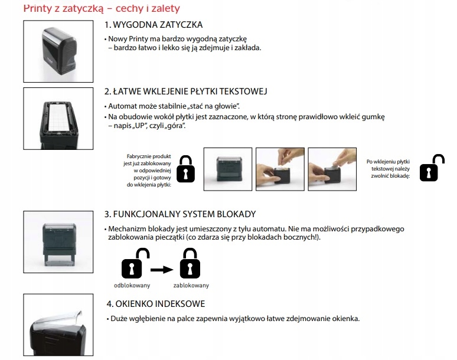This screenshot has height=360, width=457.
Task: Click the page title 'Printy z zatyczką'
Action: (x=65, y=8)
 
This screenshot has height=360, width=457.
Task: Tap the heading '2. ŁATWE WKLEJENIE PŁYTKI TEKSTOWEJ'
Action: (x=186, y=92)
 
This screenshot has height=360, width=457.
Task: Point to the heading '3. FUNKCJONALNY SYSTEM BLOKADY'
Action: (x=179, y=214)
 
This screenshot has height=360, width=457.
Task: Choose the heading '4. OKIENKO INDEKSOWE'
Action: (x=156, y=304)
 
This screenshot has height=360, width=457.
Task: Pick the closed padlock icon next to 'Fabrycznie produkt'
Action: (x=187, y=169)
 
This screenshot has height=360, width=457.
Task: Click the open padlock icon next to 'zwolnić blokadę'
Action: (x=432, y=168)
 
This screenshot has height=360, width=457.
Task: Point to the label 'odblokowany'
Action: (x=132, y=286)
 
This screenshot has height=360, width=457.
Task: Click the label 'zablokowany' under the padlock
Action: (x=191, y=286)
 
